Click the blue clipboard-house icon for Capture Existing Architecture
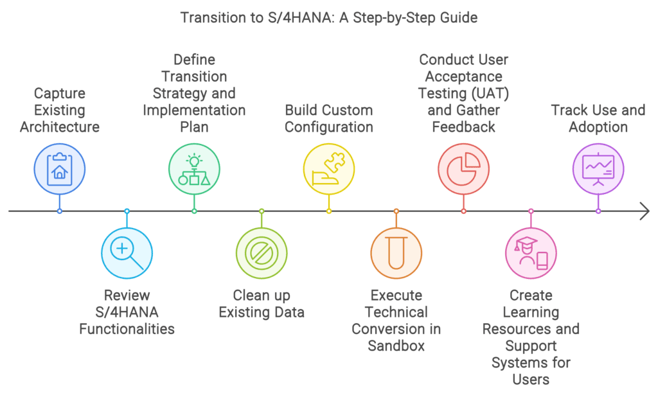pyautogui.click(x=60, y=169)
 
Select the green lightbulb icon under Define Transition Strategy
pyautogui.click(x=194, y=169)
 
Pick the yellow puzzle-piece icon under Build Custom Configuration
pyautogui.click(x=329, y=169)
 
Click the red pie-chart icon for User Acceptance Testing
pyautogui.click(x=463, y=169)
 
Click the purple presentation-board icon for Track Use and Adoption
pyautogui.click(x=598, y=169)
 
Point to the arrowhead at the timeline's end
pyautogui.click(x=645, y=211)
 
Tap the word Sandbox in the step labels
pyautogui.click(x=396, y=346)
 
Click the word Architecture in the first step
pyautogui.click(x=60, y=127)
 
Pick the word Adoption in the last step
pyautogui.click(x=598, y=127)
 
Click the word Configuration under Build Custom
pyautogui.click(x=329, y=127)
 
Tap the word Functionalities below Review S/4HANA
pyautogui.click(x=127, y=329)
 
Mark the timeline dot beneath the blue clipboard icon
pyautogui.click(x=60, y=211)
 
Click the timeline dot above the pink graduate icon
pyautogui.click(x=531, y=211)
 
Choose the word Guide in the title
pyautogui.click(x=460, y=17)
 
